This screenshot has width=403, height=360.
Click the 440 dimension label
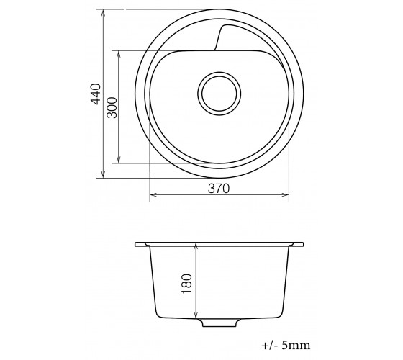point(96,94)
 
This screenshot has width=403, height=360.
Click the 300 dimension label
point(112,107)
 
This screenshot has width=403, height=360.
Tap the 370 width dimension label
point(219,189)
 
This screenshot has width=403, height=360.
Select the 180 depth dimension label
point(187,284)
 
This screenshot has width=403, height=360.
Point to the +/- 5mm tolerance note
point(286,345)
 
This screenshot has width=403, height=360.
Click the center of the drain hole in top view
point(219,94)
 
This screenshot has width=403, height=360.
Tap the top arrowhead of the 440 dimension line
point(103,12)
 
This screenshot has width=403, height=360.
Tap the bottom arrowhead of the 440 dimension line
point(103,176)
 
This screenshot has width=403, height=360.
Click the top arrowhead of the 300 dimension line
point(119,53)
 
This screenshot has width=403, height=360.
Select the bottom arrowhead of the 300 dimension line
point(119,161)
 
